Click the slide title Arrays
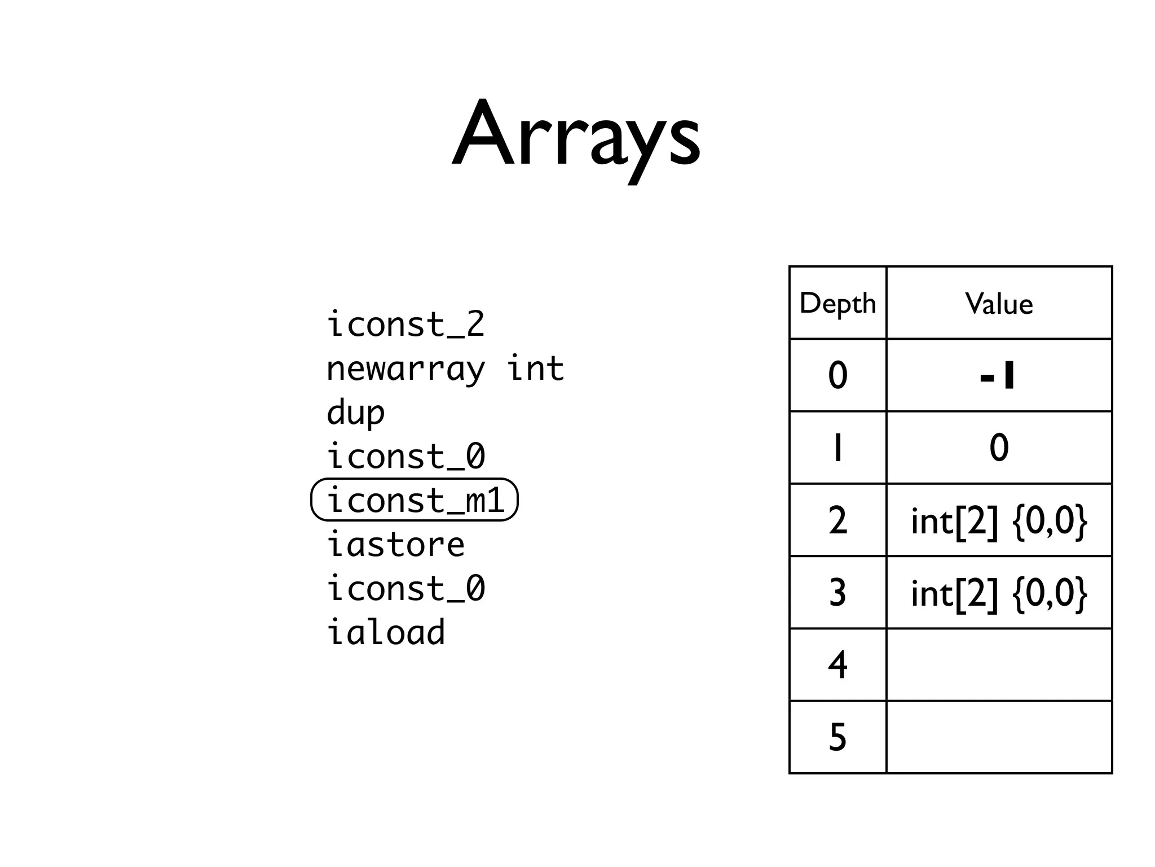[x=576, y=135]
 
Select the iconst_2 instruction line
[x=405, y=324]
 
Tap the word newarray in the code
[x=405, y=369]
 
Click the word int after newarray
[x=535, y=368]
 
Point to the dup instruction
[x=356, y=412]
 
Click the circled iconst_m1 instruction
[x=415, y=500]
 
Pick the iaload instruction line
[x=386, y=632]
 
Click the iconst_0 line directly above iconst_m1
[x=405, y=456]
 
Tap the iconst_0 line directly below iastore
[x=405, y=588]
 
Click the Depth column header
[x=837, y=304]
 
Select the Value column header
[x=999, y=304]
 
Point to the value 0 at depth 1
[x=999, y=448]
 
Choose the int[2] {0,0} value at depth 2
[x=999, y=520]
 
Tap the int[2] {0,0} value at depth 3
[x=999, y=593]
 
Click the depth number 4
[x=837, y=665]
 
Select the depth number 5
[x=837, y=737]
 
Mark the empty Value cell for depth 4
[x=999, y=665]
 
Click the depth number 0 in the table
[x=837, y=375]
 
